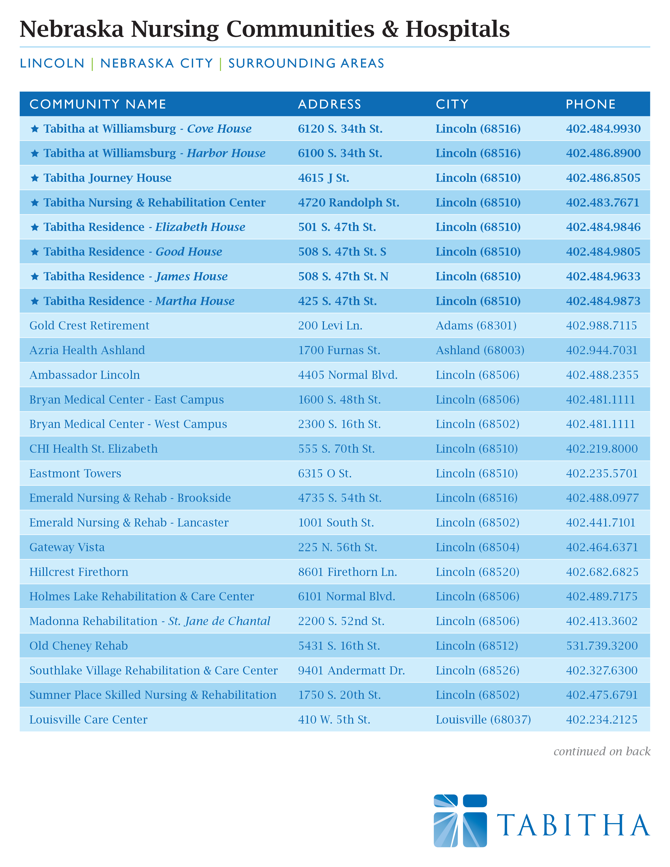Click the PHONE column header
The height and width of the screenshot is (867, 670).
591,104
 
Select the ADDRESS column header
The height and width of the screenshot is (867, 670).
329,104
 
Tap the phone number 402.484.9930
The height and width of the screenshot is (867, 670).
603,129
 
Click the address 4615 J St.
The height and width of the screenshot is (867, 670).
323,178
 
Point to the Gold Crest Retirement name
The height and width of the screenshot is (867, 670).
89,326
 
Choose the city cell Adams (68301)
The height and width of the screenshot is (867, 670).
476,326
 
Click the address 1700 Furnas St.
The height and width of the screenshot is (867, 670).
339,350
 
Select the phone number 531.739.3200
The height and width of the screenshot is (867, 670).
602,646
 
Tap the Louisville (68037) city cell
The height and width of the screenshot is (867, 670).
483,719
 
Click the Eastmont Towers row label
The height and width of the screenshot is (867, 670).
75,473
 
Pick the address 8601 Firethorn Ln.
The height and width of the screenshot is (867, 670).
347,572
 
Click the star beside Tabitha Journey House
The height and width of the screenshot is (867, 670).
35,178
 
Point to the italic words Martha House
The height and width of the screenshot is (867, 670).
195,301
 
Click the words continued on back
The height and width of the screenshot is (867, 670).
602,751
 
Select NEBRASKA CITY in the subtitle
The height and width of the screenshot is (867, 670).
157,64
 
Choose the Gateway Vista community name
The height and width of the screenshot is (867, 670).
67,547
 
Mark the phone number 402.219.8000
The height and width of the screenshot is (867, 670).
602,448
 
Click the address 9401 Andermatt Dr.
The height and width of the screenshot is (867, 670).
351,670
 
